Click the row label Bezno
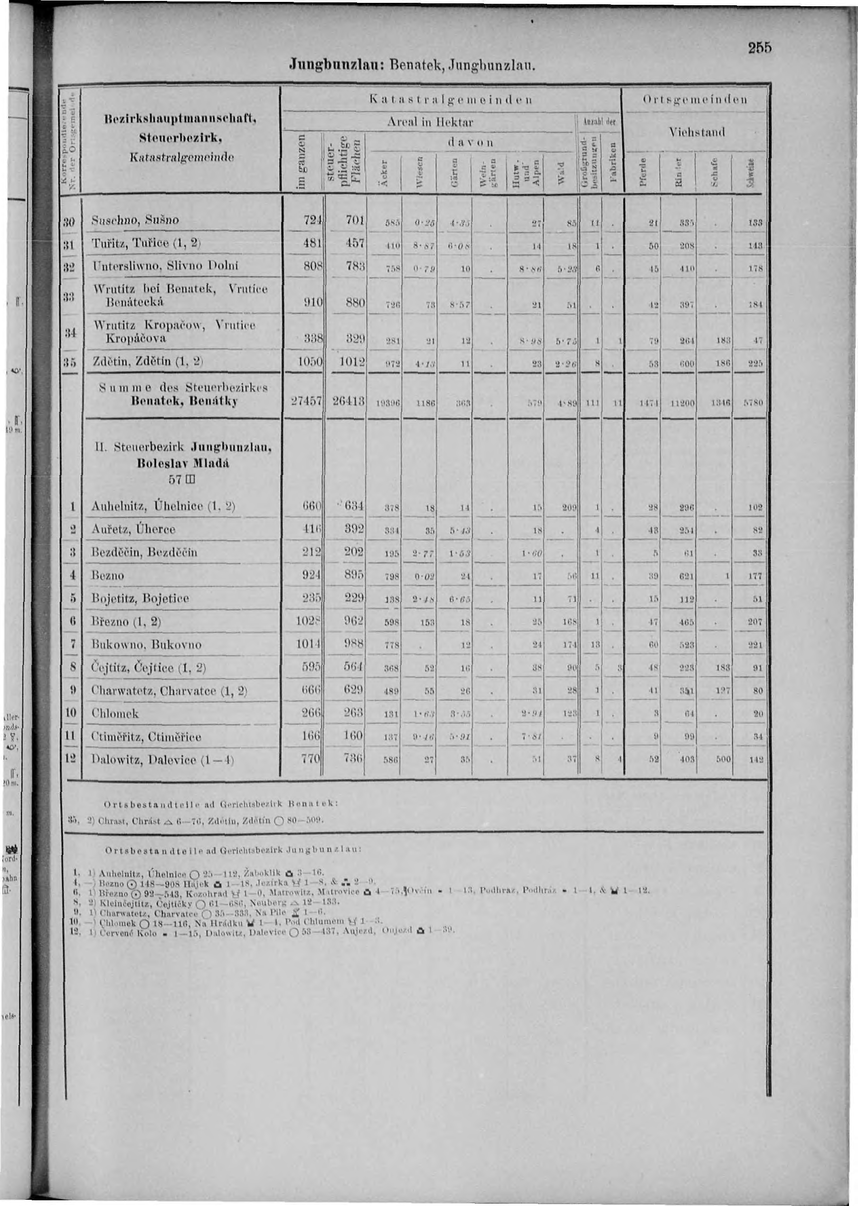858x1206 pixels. [108, 576]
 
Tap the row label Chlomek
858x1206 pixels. [115, 713]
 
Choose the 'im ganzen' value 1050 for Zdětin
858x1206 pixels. [309, 362]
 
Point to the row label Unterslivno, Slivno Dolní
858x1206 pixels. [165, 266]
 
